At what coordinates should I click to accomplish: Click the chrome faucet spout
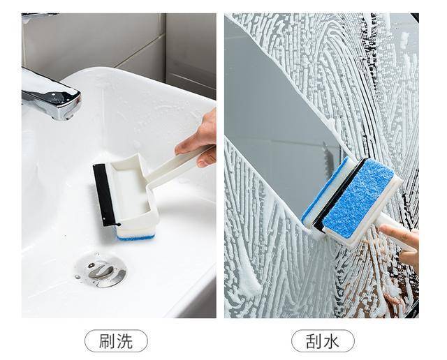pyautogui.click(x=51, y=98)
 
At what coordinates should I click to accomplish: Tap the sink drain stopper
pyautogui.click(x=101, y=270)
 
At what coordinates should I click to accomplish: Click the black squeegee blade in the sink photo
pyautogui.click(x=104, y=195)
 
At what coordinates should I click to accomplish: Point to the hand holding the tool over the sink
pyautogui.click(x=200, y=140)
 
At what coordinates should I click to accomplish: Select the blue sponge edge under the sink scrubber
pyautogui.click(x=136, y=237)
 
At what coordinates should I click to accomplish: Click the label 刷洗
pyautogui.click(x=116, y=341)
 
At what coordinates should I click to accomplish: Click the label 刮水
pyautogui.click(x=323, y=341)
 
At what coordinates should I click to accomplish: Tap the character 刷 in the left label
pyautogui.click(x=108, y=341)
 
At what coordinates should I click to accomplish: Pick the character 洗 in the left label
pyautogui.click(x=125, y=341)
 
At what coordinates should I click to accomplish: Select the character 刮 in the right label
pyautogui.click(x=314, y=341)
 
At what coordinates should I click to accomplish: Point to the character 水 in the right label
pyautogui.click(x=331, y=341)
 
